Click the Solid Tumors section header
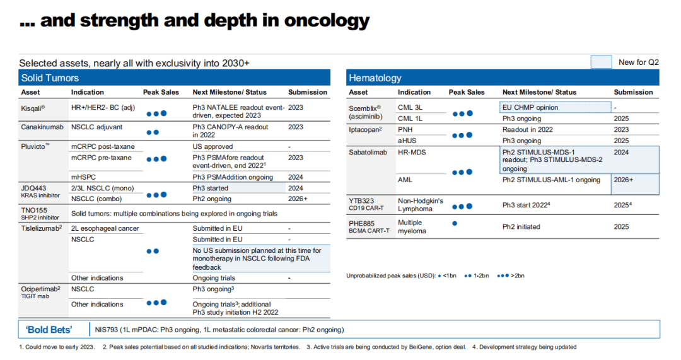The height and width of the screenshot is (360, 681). (x=50, y=78)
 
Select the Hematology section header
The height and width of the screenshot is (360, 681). (x=375, y=78)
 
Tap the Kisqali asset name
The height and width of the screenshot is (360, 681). (x=33, y=108)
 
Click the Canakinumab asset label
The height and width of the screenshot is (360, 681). (x=42, y=127)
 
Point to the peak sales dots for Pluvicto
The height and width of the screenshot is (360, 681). (x=156, y=159)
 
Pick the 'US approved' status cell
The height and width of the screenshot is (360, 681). (x=213, y=146)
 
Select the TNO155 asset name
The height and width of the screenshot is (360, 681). (x=34, y=210)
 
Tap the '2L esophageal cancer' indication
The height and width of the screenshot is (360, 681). (x=105, y=228)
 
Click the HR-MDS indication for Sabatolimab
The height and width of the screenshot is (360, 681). (x=412, y=153)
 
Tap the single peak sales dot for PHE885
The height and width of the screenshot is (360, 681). (x=455, y=223)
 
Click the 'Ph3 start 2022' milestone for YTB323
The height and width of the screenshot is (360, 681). (x=527, y=205)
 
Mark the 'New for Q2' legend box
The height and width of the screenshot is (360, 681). (x=601, y=62)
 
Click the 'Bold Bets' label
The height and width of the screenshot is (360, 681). (x=49, y=330)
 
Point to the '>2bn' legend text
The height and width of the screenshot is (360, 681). (x=518, y=276)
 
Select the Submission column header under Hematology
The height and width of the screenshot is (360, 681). (x=633, y=92)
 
